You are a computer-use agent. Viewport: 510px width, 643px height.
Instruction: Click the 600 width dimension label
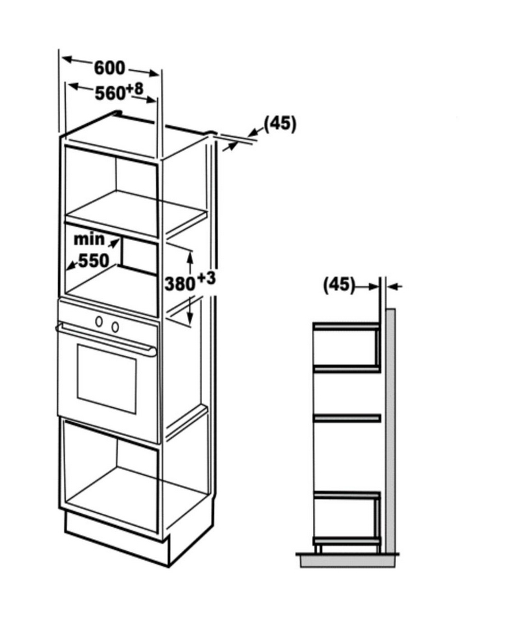(x=109, y=68)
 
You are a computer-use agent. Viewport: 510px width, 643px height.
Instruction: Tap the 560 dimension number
(x=109, y=94)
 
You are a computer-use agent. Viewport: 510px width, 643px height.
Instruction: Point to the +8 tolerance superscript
(x=135, y=88)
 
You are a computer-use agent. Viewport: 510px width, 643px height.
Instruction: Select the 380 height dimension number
(x=180, y=284)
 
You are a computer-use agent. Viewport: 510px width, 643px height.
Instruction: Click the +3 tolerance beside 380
(x=206, y=279)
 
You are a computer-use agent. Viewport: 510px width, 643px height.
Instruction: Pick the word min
(x=89, y=239)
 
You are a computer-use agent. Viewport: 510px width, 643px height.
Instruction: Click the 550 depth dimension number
(x=94, y=261)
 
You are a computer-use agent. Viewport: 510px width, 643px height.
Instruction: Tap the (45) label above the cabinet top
(x=280, y=123)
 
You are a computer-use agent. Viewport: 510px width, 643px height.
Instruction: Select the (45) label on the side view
(x=339, y=285)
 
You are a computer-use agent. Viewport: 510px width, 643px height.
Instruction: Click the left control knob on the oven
(x=99, y=321)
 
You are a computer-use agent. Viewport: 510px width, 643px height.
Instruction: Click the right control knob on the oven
(x=115, y=327)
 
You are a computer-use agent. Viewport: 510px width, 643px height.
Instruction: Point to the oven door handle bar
(x=106, y=339)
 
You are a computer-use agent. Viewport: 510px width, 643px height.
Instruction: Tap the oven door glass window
(x=107, y=379)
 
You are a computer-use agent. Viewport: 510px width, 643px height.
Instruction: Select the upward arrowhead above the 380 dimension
(x=190, y=258)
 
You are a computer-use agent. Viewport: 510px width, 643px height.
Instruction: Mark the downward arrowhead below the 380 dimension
(x=190, y=316)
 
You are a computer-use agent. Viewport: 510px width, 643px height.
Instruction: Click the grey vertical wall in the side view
(x=390, y=431)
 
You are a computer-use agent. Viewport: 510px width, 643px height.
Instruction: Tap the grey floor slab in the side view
(x=347, y=560)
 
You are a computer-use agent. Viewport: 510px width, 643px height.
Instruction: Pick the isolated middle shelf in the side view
(x=347, y=418)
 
